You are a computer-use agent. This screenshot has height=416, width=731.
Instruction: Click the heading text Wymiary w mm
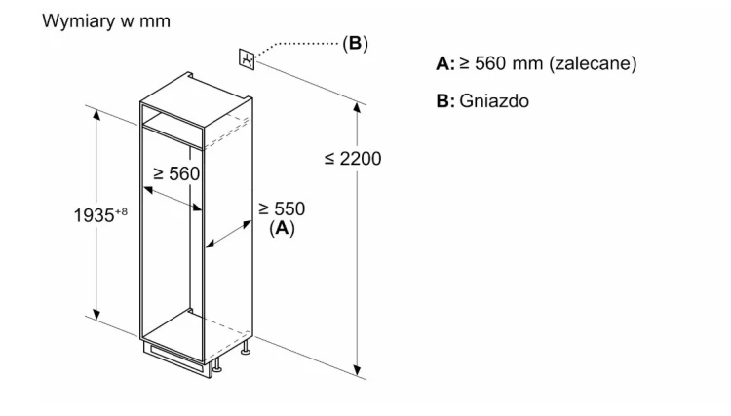(x=106, y=21)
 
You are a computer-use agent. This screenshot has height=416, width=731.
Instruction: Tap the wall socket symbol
(x=247, y=59)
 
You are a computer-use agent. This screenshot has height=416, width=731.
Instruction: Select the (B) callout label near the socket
(x=355, y=43)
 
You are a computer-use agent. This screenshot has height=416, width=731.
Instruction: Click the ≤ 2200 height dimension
(x=353, y=159)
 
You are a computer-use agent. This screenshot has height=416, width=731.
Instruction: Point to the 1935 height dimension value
(x=94, y=215)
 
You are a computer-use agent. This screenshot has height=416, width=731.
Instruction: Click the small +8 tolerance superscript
(x=121, y=212)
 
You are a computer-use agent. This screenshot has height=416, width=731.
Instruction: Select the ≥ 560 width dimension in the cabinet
(x=176, y=173)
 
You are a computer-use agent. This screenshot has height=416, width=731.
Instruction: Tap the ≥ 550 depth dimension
(x=282, y=208)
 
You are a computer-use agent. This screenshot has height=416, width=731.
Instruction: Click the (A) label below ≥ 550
(x=282, y=228)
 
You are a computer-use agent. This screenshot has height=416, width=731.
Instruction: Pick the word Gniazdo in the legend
(x=494, y=101)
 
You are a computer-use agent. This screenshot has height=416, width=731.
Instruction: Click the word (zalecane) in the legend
(x=593, y=63)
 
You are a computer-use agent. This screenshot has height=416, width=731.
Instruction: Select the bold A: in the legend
(x=445, y=64)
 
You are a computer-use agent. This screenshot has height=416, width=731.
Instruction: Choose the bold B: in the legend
(x=445, y=101)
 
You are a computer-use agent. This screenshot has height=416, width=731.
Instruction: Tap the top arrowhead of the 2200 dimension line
(x=357, y=107)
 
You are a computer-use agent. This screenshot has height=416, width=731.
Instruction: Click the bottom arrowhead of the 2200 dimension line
(x=357, y=370)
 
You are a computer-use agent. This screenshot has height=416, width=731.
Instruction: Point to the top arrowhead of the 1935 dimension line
(x=96, y=114)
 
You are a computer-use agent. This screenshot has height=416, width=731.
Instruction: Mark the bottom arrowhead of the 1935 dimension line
(x=96, y=314)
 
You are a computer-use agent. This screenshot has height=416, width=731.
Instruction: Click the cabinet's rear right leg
(x=246, y=348)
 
